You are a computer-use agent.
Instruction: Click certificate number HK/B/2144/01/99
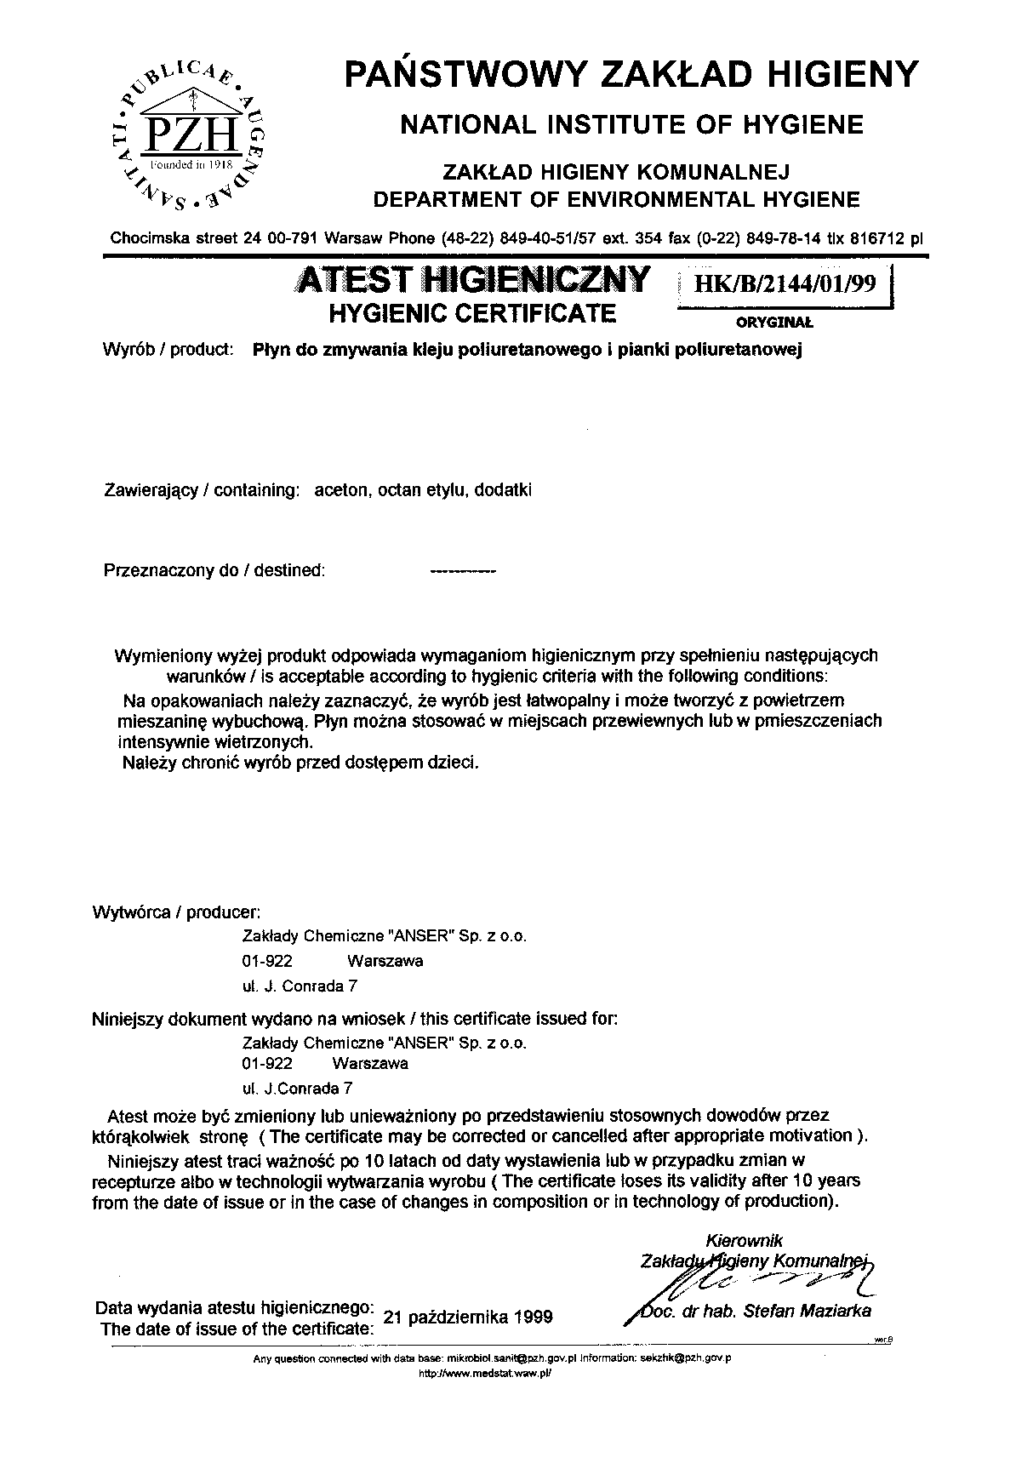[785, 284]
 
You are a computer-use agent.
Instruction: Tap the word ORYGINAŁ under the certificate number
[774, 323]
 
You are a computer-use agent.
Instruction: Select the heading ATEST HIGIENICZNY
[470, 279]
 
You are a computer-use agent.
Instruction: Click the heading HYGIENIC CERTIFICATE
[471, 313]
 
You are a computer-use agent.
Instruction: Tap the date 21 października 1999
[469, 1317]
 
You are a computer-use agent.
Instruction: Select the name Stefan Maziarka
[807, 1312]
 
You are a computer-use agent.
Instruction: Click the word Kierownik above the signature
[745, 1241]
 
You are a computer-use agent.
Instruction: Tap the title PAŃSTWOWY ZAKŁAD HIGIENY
[631, 74]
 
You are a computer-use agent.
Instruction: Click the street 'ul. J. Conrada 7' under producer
[300, 986]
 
